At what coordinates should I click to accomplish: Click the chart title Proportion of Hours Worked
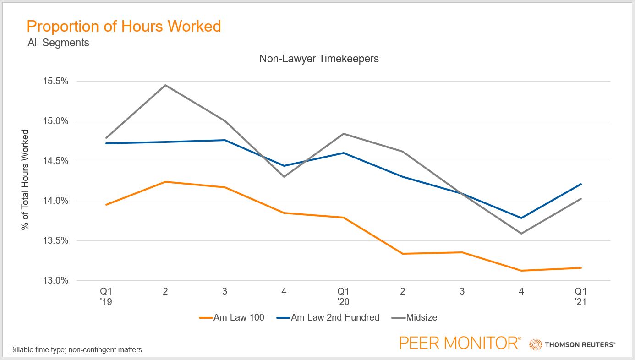point(124,26)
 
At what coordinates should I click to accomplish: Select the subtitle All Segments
point(59,43)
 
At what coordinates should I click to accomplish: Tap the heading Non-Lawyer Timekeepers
point(319,59)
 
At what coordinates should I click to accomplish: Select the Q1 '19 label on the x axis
point(106,296)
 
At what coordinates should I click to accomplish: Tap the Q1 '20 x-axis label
point(343,296)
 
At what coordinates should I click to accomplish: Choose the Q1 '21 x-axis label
point(581,296)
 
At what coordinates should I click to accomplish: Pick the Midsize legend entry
point(415,317)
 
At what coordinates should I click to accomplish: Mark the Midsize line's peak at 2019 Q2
point(165,85)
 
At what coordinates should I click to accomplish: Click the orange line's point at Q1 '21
point(581,268)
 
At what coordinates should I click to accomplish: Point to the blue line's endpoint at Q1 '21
point(581,184)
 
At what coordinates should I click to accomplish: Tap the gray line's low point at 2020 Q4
point(521,234)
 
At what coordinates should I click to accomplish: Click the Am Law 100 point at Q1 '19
point(106,205)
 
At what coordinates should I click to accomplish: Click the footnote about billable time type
point(76,349)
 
